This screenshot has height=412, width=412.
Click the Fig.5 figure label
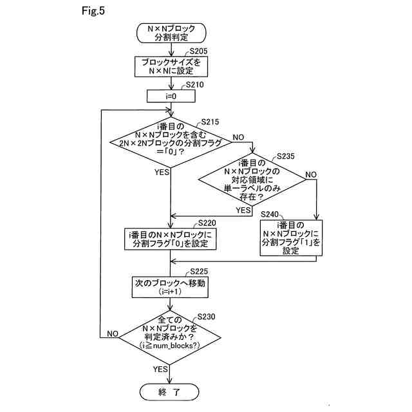coord(93,11)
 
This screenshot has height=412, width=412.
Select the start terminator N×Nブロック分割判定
coord(171,33)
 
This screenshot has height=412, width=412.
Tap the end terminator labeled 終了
coord(169,392)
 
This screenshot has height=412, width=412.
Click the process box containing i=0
coord(171,96)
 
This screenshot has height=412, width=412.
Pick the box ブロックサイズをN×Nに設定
coord(171,67)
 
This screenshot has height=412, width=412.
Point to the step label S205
coord(198,51)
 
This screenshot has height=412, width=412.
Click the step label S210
coord(194,85)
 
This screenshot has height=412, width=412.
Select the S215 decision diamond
coord(171,142)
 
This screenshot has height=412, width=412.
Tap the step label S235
coord(286,156)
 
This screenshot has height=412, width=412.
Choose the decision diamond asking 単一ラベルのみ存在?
coord(252,180)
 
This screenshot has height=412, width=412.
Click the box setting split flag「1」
coord(291,238)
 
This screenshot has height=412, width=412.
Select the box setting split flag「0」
coord(170,239)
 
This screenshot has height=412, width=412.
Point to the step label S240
coord(269,214)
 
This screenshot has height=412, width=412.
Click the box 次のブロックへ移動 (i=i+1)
coord(170,287)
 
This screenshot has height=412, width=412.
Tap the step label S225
coord(199,272)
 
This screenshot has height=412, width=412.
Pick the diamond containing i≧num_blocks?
coord(170,337)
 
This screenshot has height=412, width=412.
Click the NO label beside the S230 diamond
coord(113,333)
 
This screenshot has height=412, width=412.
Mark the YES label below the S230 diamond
coord(160,369)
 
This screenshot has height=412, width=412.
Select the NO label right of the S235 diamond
coord(311,174)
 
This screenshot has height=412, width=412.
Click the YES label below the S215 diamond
coord(162,172)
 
